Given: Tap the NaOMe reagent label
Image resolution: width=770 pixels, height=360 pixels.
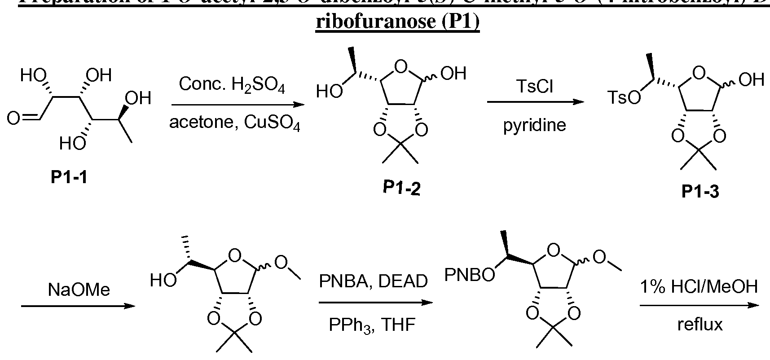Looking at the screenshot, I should click(79, 290).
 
